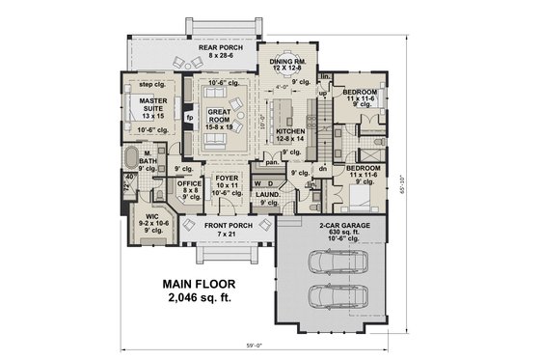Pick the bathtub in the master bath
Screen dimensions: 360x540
click(129, 159)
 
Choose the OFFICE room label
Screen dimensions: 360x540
click(189, 183)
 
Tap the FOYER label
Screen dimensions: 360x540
click(225, 178)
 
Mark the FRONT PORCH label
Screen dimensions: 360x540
click(228, 225)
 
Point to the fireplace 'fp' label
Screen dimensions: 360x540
click(190, 120)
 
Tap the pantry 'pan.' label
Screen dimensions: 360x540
click(273, 162)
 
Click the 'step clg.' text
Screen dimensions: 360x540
click(151, 84)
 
